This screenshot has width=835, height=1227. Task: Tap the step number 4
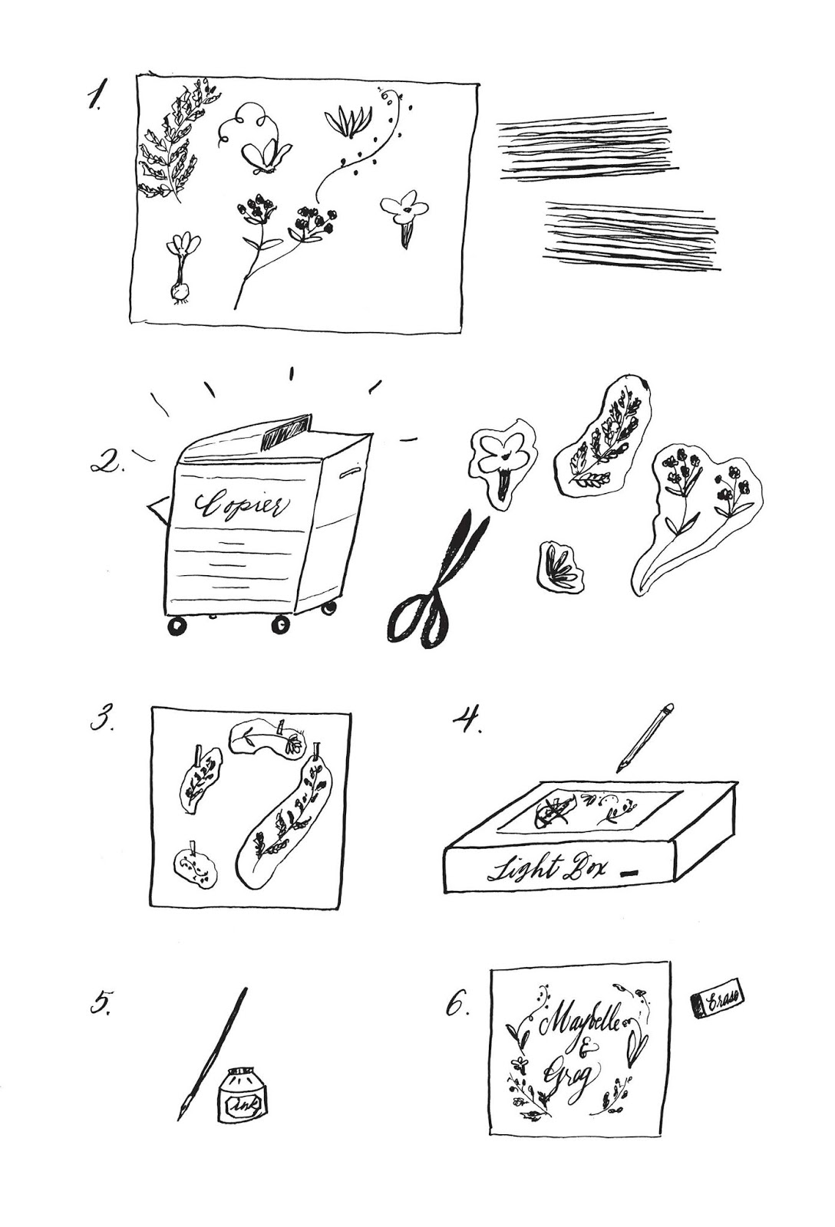pyautogui.click(x=467, y=720)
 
